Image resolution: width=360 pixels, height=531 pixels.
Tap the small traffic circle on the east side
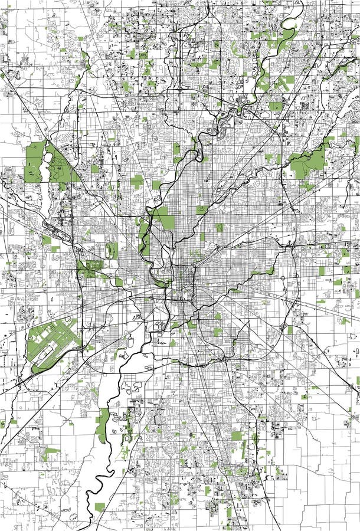click(283, 277)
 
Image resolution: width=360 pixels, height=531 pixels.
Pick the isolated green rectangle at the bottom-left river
click(100, 507)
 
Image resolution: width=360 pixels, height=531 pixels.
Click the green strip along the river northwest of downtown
click(143, 233)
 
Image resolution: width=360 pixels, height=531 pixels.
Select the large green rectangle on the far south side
click(237, 437)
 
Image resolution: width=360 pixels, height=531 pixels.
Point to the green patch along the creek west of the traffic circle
click(260, 272)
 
